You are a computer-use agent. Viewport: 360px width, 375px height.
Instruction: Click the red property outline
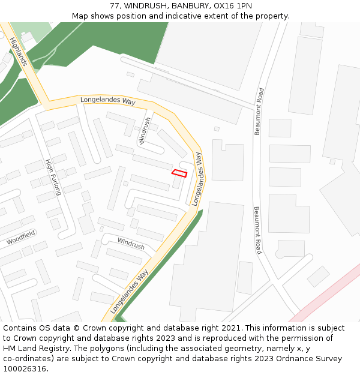[179, 173]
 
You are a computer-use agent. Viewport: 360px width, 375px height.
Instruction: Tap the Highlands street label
[18, 52]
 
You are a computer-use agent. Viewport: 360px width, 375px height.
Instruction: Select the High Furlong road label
[53, 177]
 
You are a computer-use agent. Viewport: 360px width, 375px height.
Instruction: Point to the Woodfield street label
[21, 237]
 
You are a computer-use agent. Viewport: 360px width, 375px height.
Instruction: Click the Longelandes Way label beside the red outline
[197, 179]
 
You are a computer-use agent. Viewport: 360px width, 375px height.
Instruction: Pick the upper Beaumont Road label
[259, 111]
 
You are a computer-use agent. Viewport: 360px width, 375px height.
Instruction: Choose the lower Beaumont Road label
[257, 230]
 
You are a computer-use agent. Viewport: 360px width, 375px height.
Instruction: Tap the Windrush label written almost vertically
[145, 130]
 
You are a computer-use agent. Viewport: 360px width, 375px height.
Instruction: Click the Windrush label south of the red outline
[131, 243]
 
